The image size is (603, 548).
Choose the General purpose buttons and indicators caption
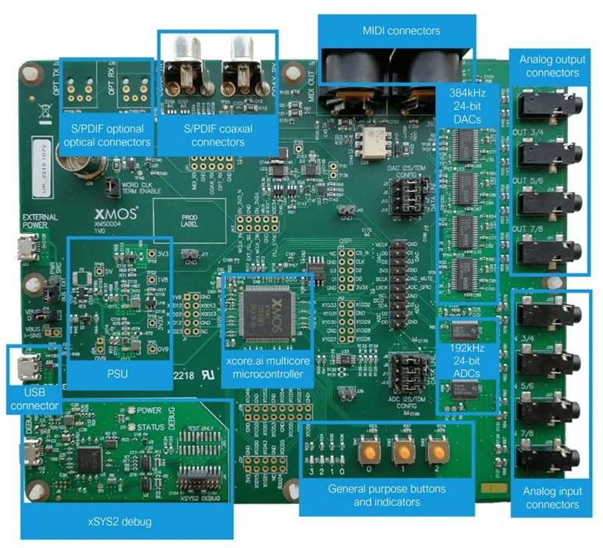click(386, 495)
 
